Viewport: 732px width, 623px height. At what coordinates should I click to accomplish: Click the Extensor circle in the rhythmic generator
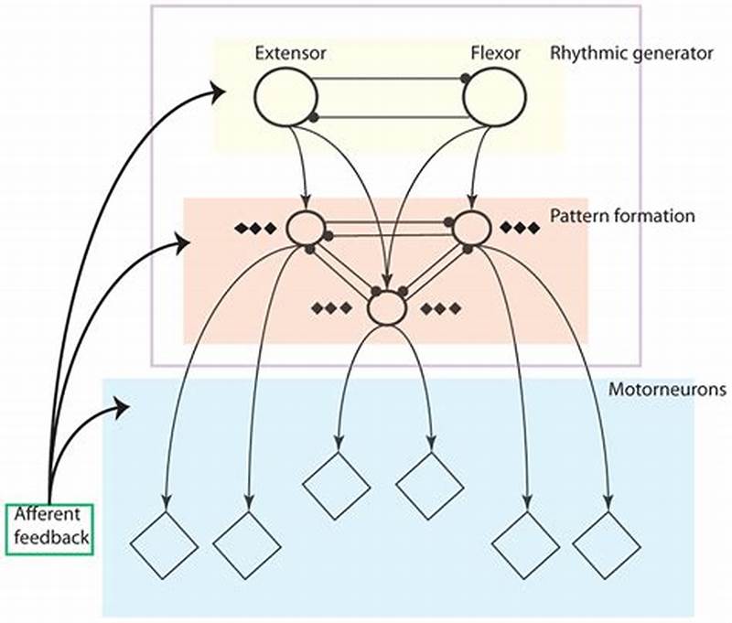coord(284,96)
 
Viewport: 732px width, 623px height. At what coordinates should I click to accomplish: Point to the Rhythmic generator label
coord(631,53)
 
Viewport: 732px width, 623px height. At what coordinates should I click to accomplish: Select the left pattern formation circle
coord(306,228)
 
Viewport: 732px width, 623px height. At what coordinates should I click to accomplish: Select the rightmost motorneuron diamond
coord(608,544)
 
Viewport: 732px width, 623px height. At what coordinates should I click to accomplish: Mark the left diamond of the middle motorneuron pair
coord(337,486)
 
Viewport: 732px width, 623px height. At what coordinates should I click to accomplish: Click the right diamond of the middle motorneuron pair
coord(430,486)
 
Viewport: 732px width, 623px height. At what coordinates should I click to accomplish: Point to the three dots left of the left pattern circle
coord(256,228)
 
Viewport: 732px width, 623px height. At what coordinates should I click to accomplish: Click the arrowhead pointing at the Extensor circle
coord(218,90)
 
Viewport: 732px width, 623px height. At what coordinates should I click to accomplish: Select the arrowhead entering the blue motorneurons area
coord(121,405)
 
